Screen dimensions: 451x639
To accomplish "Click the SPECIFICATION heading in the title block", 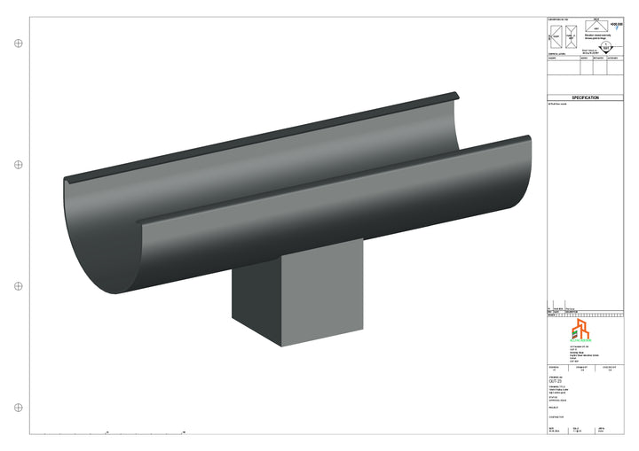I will tap(585, 98).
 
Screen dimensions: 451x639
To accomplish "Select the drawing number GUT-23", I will tap(556, 380).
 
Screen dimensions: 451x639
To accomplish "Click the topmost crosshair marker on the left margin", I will tap(19, 43).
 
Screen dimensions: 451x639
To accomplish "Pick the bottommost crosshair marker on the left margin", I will tap(19, 407).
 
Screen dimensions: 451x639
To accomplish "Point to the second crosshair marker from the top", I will tap(19, 164).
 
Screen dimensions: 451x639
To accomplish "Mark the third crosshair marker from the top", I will tap(19, 285).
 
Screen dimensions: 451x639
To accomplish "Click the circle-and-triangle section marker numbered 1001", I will tap(605, 48).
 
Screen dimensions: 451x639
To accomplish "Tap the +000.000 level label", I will tap(617, 25).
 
